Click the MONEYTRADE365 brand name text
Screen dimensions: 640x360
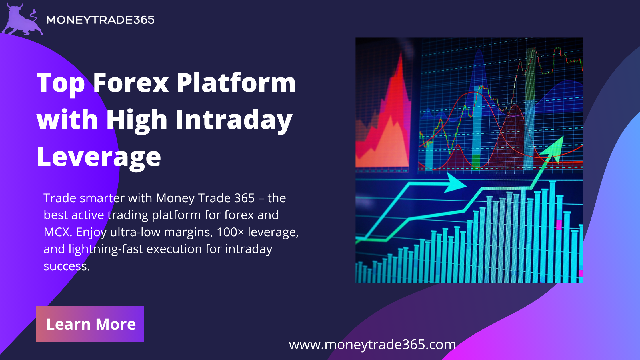[100, 20]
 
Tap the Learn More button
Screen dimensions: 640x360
[90, 324]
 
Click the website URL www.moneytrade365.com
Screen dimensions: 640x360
[372, 345]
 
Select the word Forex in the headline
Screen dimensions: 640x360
[131, 83]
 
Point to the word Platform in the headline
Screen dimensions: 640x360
[236, 83]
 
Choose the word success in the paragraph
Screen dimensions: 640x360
[67, 266]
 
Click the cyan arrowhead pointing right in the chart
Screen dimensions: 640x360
[455, 183]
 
